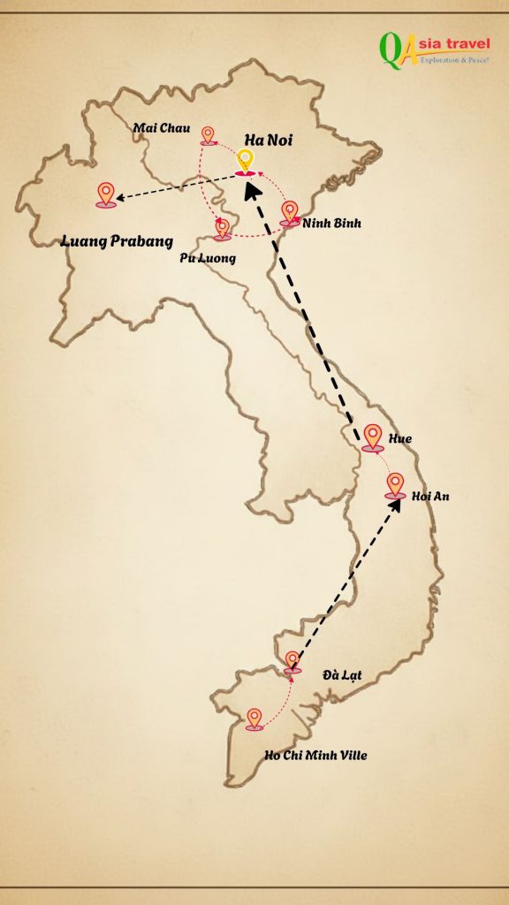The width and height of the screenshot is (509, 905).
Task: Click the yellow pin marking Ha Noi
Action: coord(246,160)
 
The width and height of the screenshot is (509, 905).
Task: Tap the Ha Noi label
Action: coord(269,140)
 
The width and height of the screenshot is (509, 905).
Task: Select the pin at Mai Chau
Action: coord(208,134)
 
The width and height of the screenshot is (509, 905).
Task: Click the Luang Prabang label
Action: coord(116,240)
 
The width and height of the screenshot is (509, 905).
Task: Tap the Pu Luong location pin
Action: coord(223,228)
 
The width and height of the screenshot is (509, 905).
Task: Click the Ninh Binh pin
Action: coord(290,212)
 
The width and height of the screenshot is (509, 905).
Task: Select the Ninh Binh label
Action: coord(331,224)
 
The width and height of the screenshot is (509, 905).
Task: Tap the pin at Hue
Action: coord(373,437)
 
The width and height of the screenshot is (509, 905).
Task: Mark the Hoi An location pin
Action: coord(395,485)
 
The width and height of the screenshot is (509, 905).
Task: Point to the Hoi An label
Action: coord(430,497)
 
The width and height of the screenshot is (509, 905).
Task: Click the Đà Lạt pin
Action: coord(292,662)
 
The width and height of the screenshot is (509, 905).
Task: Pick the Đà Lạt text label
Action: coord(342,676)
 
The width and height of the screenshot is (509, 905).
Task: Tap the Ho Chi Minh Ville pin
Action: coord(254,718)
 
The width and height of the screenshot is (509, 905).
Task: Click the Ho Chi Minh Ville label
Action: coord(315,756)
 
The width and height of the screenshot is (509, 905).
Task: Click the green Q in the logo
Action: coord(390,50)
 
